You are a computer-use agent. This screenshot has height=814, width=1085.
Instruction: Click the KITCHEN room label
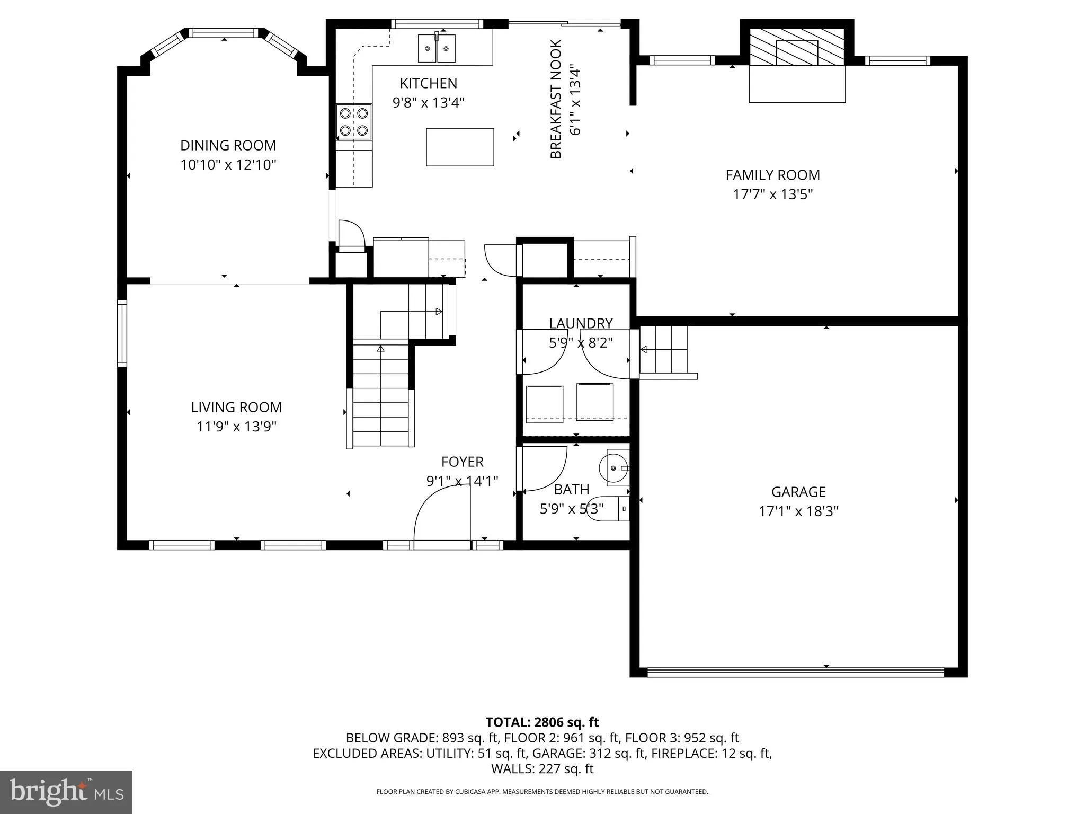[428, 83]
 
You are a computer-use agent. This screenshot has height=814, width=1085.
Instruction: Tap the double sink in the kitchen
[437, 48]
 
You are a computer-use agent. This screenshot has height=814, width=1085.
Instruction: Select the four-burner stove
[354, 121]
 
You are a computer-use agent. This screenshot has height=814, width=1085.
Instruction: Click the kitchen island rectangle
[460, 147]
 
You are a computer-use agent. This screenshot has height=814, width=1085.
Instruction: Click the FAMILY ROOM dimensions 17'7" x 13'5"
[772, 194]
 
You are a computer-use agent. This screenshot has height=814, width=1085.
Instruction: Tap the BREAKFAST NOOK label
[556, 99]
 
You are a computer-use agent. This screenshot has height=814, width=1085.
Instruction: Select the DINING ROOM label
[228, 145]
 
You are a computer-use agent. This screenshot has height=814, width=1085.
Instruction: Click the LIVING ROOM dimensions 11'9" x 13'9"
[236, 426]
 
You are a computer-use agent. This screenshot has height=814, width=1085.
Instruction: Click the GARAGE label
[798, 492]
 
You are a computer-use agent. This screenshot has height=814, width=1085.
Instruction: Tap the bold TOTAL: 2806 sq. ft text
[542, 722]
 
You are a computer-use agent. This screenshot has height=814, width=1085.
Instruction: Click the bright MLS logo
[66, 792]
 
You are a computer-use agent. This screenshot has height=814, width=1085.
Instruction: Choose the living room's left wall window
[122, 333]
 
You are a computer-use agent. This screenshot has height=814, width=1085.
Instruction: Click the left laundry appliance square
[544, 404]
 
